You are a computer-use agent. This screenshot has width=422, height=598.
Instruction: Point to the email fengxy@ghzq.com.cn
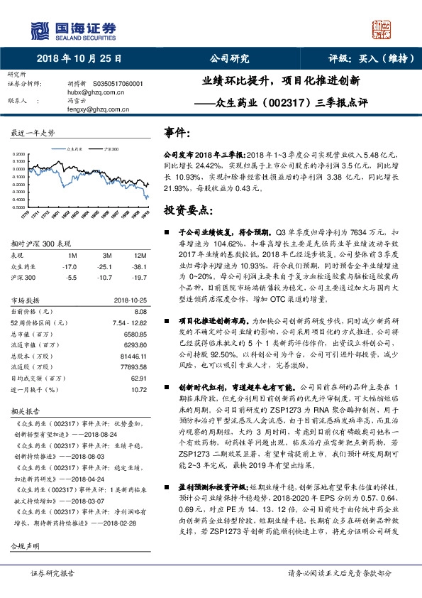coord(89,109)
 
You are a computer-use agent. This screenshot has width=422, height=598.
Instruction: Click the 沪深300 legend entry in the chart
coord(111,150)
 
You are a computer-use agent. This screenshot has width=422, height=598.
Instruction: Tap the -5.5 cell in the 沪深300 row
coord(71,277)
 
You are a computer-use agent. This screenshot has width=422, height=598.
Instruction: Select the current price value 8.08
coord(140,311)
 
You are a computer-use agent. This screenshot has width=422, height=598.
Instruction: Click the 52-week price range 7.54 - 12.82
coord(129,322)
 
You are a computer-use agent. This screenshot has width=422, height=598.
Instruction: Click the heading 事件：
coord(177,132)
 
